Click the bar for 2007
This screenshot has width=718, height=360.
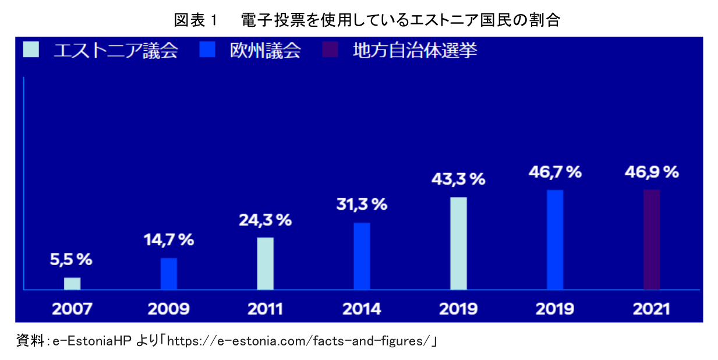click(72, 283)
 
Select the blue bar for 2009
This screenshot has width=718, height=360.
click(169, 273)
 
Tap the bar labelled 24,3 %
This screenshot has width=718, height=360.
click(265, 263)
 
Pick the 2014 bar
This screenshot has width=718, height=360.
click(362, 256)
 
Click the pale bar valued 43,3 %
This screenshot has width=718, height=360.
click(458, 243)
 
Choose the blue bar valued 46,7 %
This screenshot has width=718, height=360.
click(555, 239)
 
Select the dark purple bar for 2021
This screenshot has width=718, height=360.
click(652, 239)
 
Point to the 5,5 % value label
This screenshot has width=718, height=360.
click(71, 260)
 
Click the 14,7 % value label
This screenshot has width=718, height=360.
click(169, 240)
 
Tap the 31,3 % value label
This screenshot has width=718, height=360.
click(362, 204)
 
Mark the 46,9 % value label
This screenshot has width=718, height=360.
click(652, 172)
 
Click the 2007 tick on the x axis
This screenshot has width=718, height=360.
click(72, 308)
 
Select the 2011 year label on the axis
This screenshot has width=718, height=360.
click(265, 308)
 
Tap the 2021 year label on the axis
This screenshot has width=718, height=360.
click(652, 308)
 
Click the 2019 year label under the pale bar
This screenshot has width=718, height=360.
click(458, 308)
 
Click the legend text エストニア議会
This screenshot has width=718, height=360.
click(115, 51)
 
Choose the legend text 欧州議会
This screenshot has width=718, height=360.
click(266, 51)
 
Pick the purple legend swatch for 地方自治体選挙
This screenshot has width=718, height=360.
click(330, 50)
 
